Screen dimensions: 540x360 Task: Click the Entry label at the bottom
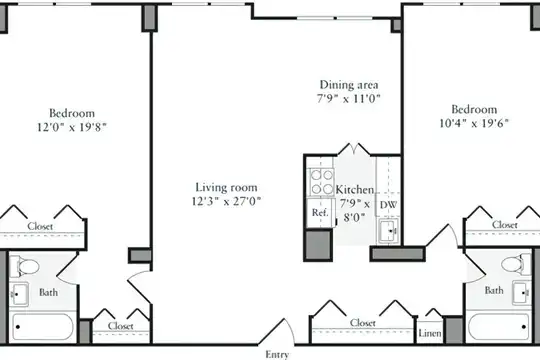pyautogui.click(x=277, y=354)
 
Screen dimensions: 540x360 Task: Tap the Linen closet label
pyautogui.click(x=430, y=333)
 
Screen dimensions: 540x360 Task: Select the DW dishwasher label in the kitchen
pyautogui.click(x=388, y=205)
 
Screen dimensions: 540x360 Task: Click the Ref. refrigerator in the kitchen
pyautogui.click(x=320, y=213)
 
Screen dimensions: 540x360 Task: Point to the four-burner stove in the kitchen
pyautogui.click(x=322, y=182)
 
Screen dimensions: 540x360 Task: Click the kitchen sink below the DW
pyautogui.click(x=389, y=230)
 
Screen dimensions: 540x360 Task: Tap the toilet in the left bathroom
pyautogui.click(x=24, y=266)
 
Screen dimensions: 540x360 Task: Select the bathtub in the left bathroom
pyautogui.click(x=43, y=327)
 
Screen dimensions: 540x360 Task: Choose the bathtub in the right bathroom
pyautogui.click(x=499, y=327)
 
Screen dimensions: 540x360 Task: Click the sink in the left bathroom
pyautogui.click(x=19, y=294)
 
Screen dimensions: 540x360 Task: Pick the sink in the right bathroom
pyautogui.click(x=522, y=293)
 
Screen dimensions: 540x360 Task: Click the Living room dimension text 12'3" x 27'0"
pyautogui.click(x=226, y=201)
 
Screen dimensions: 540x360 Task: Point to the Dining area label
pyautogui.click(x=349, y=85)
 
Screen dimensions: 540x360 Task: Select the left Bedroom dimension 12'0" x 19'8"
pyautogui.click(x=72, y=127)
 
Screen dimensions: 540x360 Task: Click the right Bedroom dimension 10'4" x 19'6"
pyautogui.click(x=474, y=123)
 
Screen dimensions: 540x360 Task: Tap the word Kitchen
pyautogui.click(x=354, y=189)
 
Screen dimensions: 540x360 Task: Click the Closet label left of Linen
pyautogui.click(x=363, y=323)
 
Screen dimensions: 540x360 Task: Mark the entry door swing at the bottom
pyautogui.click(x=277, y=331)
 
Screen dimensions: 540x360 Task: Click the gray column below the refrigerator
pyautogui.click(x=319, y=245)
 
